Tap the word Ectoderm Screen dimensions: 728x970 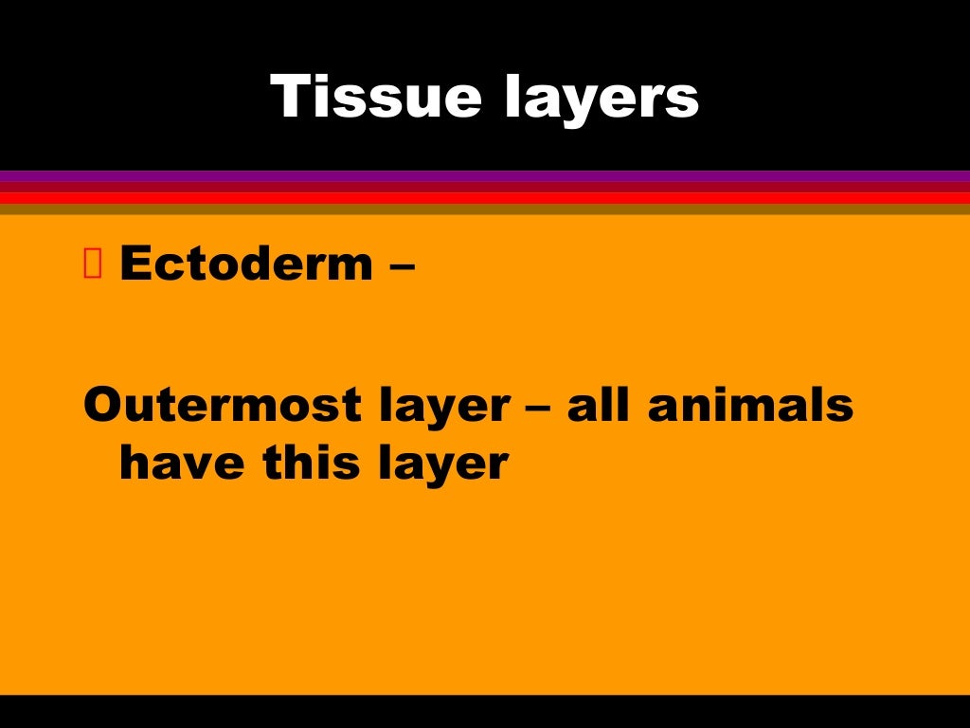click(x=246, y=264)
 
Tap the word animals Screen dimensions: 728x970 click(x=750, y=405)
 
